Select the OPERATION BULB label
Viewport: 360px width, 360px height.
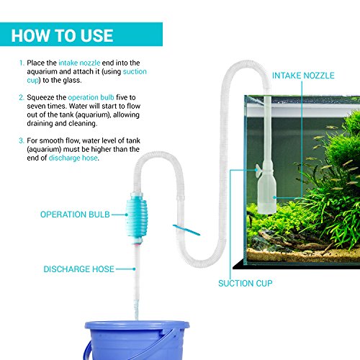(x=73, y=214)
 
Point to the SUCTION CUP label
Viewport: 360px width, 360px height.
(x=246, y=283)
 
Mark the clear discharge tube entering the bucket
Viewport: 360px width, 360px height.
(x=134, y=288)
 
